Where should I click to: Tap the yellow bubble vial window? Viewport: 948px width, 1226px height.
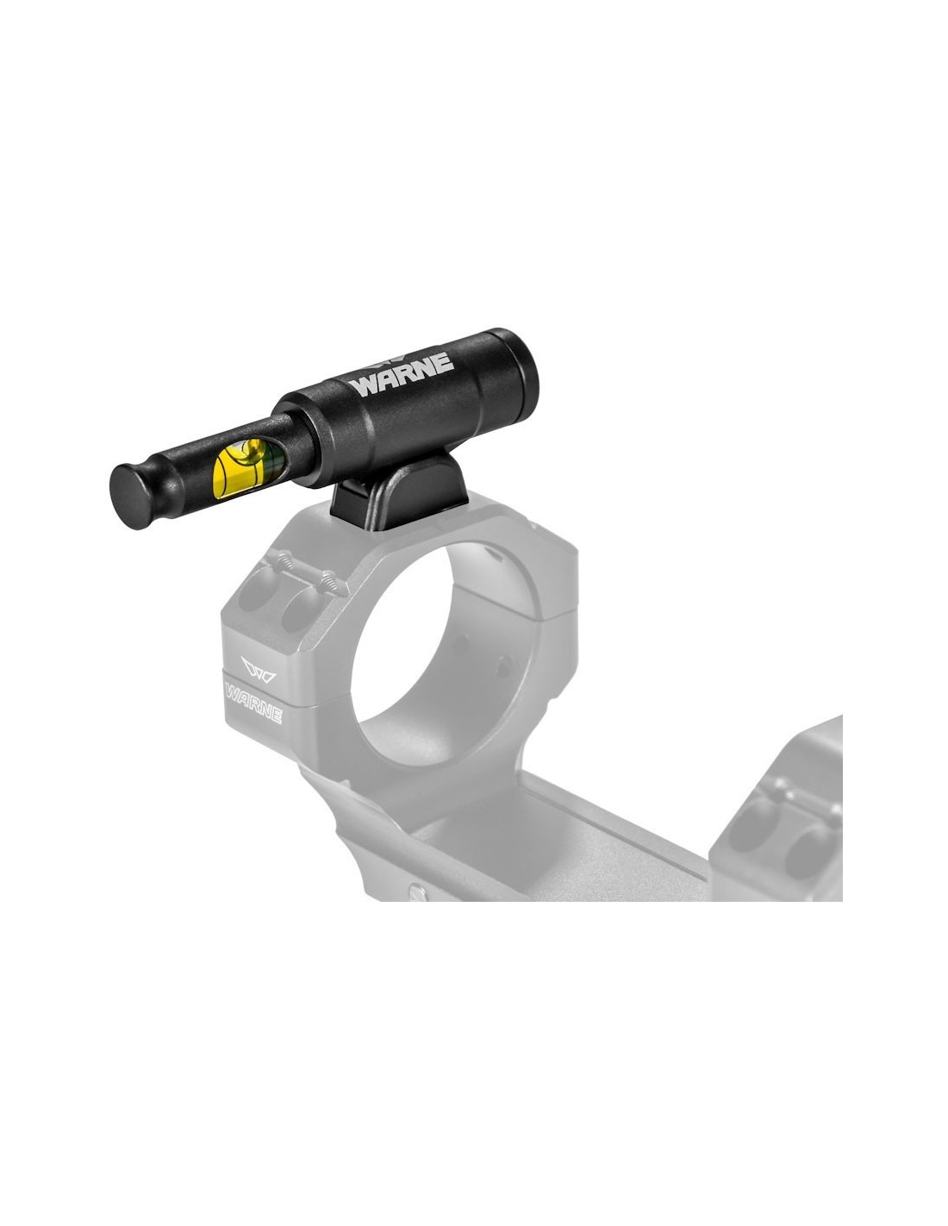click(248, 467)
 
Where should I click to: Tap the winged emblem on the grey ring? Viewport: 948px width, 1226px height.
click(259, 668)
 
